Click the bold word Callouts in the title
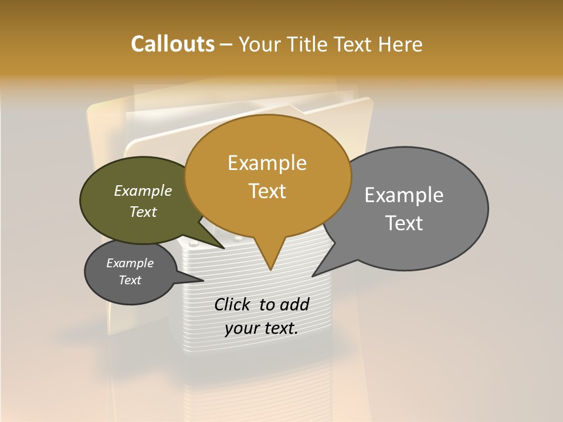tap(172, 44)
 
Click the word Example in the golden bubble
tap(267, 163)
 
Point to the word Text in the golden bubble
tap(267, 191)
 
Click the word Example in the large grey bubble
tap(404, 195)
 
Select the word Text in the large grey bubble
tap(404, 223)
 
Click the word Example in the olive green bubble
tap(143, 191)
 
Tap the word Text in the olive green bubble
tap(143, 212)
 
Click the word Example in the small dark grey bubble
tap(130, 263)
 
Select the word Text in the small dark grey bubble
tap(130, 280)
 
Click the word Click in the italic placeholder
tap(233, 304)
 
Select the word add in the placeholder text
tap(294, 304)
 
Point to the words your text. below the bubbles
tap(262, 328)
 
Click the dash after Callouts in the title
tap(226, 45)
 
